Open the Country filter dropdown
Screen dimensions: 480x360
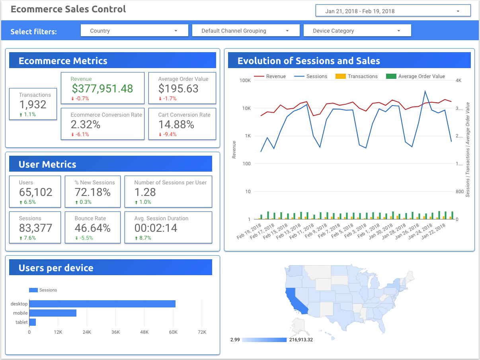pos(134,30)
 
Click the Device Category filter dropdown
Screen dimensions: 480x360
pos(357,30)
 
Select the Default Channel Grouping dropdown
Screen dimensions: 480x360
pos(246,30)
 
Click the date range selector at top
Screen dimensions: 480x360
pos(393,10)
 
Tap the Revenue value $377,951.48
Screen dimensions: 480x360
pos(102,88)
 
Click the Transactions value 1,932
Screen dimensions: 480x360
pos(33,105)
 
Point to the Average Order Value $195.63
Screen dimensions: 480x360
pos(178,88)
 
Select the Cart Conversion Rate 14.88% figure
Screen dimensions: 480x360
pos(176,125)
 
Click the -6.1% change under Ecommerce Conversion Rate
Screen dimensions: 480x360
pos(80,134)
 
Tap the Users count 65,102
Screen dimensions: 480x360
pos(36,192)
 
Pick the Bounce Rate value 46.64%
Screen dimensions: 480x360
pos(92,228)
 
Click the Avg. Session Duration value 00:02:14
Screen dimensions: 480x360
pos(156,228)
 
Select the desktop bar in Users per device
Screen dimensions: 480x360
pos(102,304)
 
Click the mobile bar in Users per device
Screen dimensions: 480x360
pos(53,313)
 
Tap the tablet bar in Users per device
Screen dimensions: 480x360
pos(33,322)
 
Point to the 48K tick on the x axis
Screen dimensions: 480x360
pos(144,332)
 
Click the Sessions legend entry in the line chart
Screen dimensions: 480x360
pos(311,76)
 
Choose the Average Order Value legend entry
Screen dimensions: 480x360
pos(416,76)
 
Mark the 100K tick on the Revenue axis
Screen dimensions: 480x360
pos(245,80)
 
